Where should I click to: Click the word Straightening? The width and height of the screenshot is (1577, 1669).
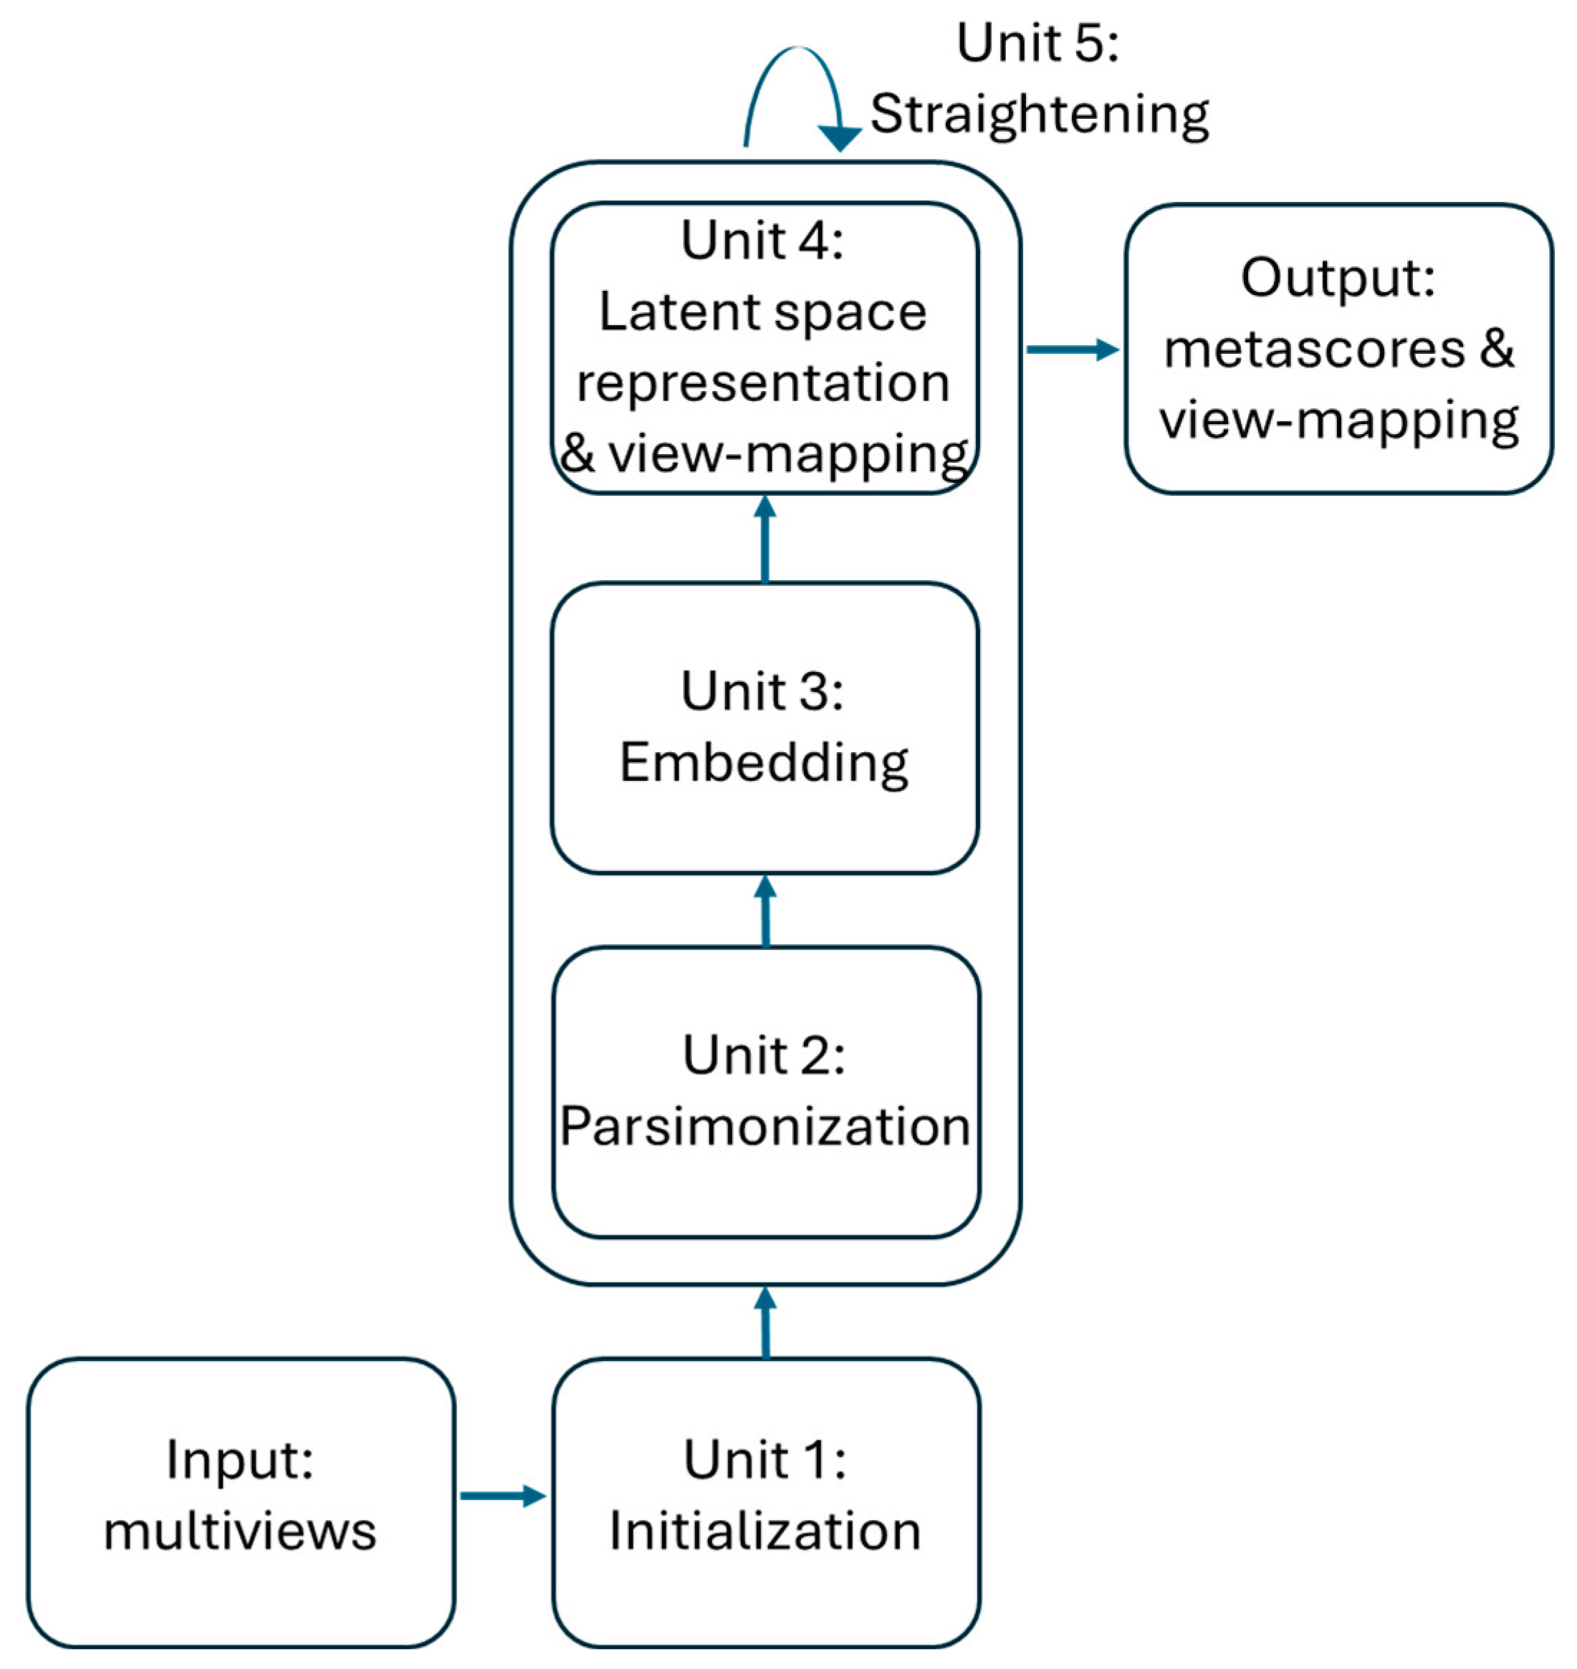coord(1039,115)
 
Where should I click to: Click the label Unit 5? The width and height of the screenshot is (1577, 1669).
coord(1037,43)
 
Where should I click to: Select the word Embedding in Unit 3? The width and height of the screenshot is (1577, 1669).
coord(763,763)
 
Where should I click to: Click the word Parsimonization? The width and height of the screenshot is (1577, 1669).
coord(765,1126)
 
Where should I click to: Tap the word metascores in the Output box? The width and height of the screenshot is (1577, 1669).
coord(1314,349)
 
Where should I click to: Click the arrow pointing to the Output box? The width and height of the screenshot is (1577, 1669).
coord(1072,349)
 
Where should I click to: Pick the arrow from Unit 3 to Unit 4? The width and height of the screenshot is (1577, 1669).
coord(764,539)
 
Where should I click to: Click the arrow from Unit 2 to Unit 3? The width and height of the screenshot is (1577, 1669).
coord(765,911)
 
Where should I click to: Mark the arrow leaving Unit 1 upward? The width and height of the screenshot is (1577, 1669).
coord(765,1322)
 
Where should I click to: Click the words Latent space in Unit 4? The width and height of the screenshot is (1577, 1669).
coord(762,312)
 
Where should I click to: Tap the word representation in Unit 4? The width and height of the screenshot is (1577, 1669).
coord(762,383)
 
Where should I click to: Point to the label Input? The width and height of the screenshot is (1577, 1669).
coord(241,1460)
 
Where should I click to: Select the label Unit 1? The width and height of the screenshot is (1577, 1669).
coord(765,1460)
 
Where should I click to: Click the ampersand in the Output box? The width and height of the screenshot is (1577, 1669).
coord(1497,349)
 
